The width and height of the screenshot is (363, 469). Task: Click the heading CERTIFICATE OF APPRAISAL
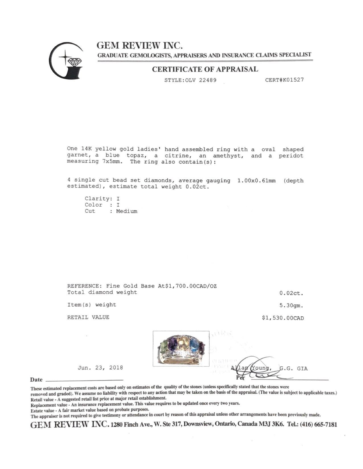coord(205,69)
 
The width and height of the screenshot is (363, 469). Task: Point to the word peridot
coord(291,156)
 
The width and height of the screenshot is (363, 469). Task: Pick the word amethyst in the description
coord(228,156)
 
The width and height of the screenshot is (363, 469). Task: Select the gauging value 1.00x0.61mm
coord(256,180)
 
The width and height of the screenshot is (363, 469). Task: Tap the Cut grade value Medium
coord(126,211)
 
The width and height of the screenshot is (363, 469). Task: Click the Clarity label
coord(97,199)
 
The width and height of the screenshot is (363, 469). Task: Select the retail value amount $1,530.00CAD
coord(283,318)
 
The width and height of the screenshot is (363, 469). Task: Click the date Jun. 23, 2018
coord(100,368)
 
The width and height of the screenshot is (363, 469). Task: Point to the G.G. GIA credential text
coord(294,369)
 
